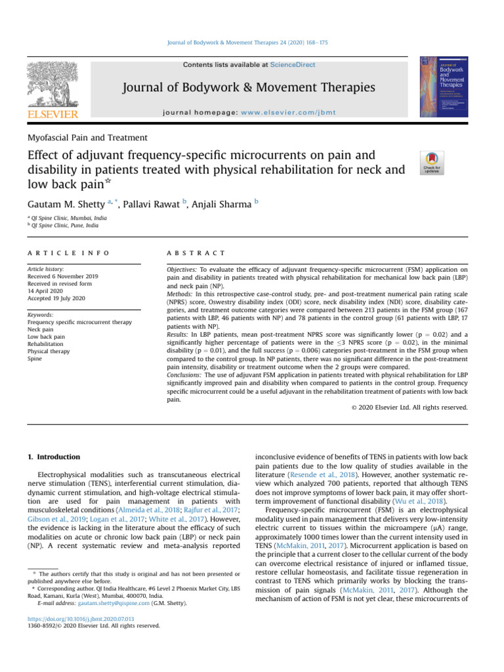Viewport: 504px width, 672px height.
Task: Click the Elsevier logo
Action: pyautogui.click(x=52, y=91)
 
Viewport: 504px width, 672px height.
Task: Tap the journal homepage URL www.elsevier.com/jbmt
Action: pyautogui.click(x=288, y=112)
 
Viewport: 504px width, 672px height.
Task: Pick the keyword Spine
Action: pyautogui.click(x=35, y=359)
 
